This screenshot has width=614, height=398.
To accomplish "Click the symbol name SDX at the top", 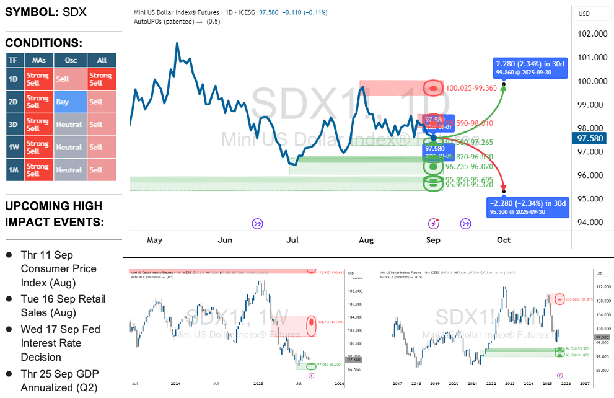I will coord(75,12).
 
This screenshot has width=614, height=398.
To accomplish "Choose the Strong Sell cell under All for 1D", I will coord(100,79).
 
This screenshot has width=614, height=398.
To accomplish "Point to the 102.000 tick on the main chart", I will coord(592,34).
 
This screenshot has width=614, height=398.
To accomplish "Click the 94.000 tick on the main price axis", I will coord(592,223).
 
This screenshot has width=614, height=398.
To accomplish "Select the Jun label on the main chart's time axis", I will coord(226,240).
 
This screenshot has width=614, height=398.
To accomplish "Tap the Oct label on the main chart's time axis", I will coord(504,240).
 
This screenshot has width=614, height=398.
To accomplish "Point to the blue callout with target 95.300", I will coord(527,208).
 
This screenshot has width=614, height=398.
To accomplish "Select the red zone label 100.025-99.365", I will coord(471,88).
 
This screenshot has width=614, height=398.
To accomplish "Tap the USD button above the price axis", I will coord(584,14).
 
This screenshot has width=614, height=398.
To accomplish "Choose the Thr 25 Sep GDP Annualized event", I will coord(58,381).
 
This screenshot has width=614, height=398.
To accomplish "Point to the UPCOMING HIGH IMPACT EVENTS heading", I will coord(54,214).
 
